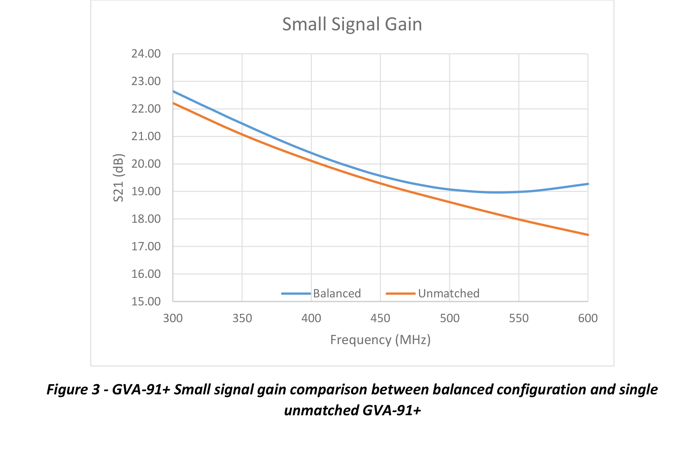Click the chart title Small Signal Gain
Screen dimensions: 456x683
[352, 24]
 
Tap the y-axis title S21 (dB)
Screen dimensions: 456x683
[119, 178]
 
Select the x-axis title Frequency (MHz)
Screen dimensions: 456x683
[380, 340]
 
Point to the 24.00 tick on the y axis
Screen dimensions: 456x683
[146, 54]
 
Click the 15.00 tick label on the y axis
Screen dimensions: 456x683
[146, 302]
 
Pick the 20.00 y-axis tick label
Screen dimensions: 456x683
[146, 164]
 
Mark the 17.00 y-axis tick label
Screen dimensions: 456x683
[146, 246]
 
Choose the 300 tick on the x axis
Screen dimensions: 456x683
[173, 318]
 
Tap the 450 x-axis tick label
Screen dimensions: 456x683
[380, 318]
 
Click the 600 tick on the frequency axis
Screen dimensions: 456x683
[588, 318]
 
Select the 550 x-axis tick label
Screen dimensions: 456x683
[519, 318]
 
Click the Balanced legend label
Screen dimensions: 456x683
[337, 294]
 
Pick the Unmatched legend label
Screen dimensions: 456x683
[449, 294]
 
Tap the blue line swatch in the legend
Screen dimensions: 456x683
[296, 294]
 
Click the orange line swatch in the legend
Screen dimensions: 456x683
[400, 294]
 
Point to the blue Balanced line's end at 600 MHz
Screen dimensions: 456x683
[588, 184]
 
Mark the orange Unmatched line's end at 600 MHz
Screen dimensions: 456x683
[588, 235]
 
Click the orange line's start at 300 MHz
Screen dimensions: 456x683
[173, 103]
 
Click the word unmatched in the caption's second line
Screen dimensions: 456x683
[321, 410]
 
